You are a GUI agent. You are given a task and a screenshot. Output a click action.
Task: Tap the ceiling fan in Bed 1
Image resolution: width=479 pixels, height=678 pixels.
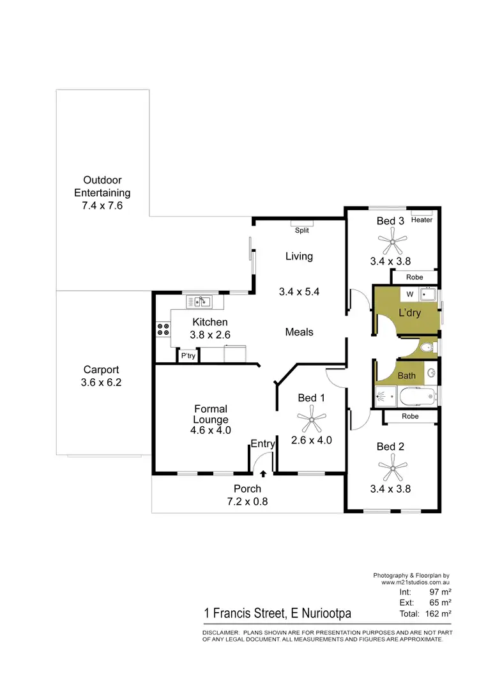click(312, 419)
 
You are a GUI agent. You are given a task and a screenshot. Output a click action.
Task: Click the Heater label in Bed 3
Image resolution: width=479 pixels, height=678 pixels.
click(422, 220)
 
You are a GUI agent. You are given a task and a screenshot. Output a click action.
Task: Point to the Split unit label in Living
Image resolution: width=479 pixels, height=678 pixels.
click(302, 230)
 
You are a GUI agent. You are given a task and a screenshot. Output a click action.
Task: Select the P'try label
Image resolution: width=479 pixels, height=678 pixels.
click(188, 356)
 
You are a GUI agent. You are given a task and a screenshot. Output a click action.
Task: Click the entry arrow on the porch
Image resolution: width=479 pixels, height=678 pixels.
click(264, 474)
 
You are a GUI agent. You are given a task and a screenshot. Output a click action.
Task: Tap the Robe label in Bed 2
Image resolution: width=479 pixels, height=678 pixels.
click(411, 417)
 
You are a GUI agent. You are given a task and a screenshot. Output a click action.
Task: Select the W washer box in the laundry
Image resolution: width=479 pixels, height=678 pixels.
click(411, 295)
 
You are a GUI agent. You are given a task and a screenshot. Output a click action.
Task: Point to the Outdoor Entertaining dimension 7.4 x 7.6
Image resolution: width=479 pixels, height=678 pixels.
click(102, 206)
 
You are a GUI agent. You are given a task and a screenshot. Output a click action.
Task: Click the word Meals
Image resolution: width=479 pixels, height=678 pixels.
click(299, 332)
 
